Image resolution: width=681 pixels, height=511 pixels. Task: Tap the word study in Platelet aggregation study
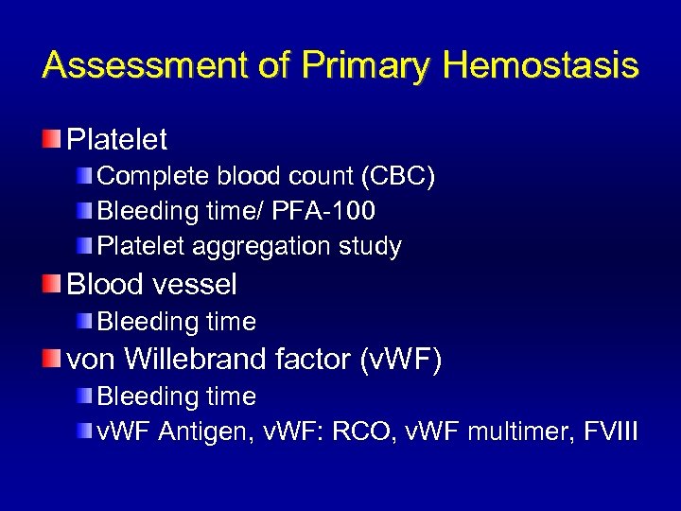373,247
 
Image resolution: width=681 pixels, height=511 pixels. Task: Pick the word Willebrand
199,360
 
